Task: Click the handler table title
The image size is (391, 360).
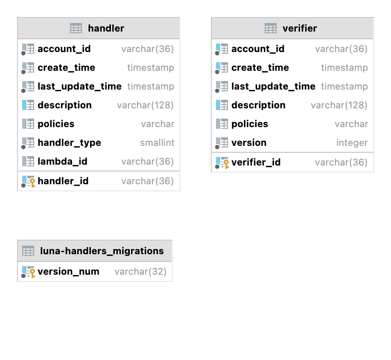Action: pyautogui.click(x=106, y=29)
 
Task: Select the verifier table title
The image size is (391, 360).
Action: pyautogui.click(x=300, y=29)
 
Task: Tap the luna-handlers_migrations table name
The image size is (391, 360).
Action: pyautogui.click(x=102, y=251)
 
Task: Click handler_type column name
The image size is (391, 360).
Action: pyautogui.click(x=69, y=143)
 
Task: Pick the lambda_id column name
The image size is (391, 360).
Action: pyautogui.click(x=62, y=162)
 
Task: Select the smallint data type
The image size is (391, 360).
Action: pyautogui.click(x=157, y=143)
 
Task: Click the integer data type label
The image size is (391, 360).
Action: pyautogui.click(x=352, y=143)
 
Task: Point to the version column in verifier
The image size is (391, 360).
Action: pyautogui.click(x=249, y=143)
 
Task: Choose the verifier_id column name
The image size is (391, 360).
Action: pyautogui.click(x=256, y=163)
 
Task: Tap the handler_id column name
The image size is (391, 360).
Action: pyautogui.click(x=63, y=181)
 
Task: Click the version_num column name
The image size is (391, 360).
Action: pyautogui.click(x=68, y=272)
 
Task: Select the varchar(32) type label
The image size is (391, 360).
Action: pyautogui.click(x=140, y=272)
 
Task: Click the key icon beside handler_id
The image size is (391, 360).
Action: pyautogui.click(x=32, y=183)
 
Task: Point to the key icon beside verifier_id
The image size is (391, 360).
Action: pyautogui.click(x=226, y=164)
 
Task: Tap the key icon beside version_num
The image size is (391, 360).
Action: pyautogui.click(x=32, y=273)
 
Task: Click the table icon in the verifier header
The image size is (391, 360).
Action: pyautogui.click(x=271, y=29)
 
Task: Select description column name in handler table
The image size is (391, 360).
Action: pyautogui.click(x=64, y=105)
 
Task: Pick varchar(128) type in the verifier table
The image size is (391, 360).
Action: pyautogui.click(x=339, y=105)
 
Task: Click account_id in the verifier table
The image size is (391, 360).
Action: pyautogui.click(x=258, y=49)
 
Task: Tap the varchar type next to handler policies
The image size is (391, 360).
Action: pyautogui.click(x=158, y=124)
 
